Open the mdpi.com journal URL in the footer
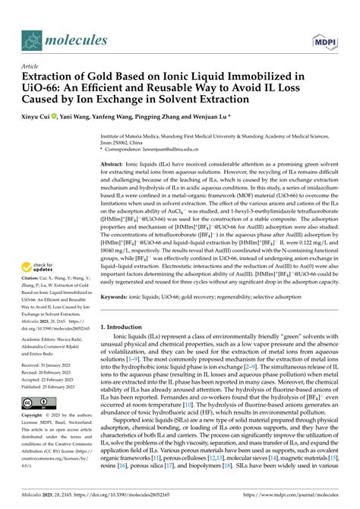pyautogui.click(x=289, y=495)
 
